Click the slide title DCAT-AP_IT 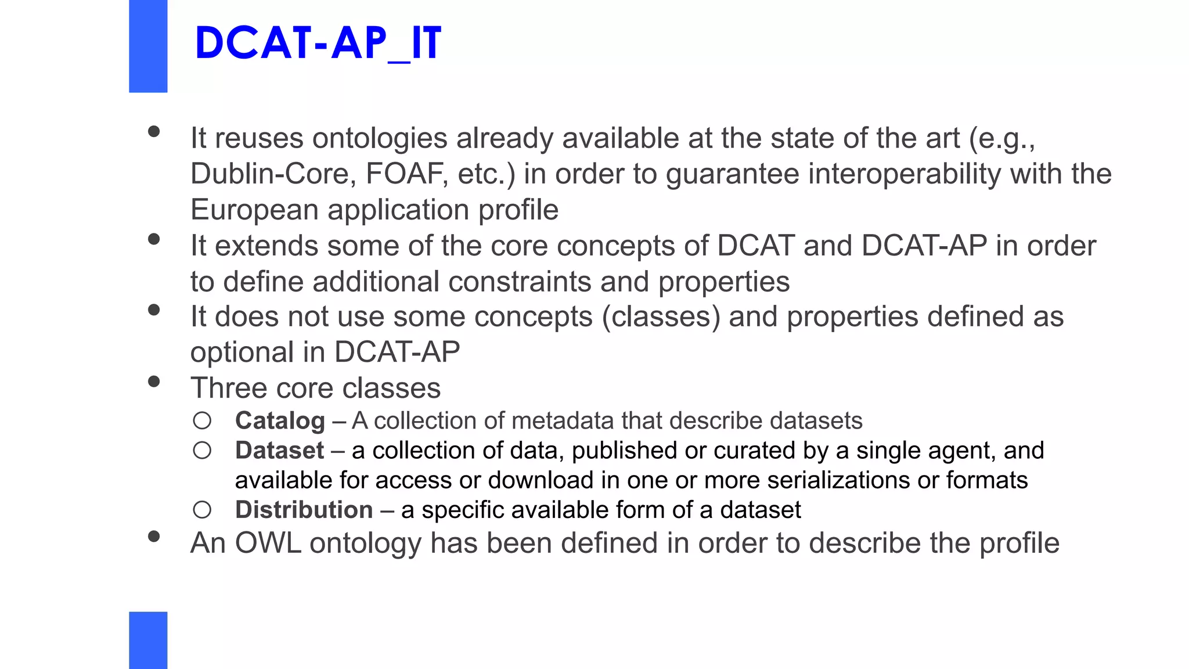tap(318, 44)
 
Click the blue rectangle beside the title tap(148, 46)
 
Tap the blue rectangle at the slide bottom tap(148, 640)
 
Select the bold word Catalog tap(280, 421)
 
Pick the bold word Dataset tap(279, 451)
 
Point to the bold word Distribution tap(304, 510)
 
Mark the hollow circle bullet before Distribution tap(202, 510)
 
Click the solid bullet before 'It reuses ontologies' tap(154, 132)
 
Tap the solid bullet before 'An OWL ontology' tap(154, 537)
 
